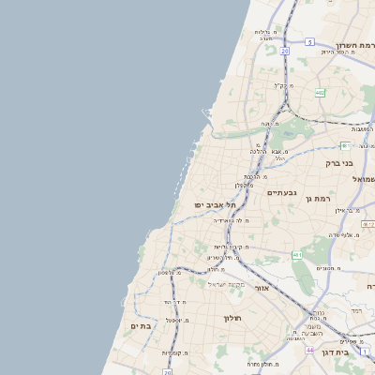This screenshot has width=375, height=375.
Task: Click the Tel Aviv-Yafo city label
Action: (x=211, y=204)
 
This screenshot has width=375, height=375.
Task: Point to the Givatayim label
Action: (x=281, y=193)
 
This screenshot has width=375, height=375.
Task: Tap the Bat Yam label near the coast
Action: (x=140, y=326)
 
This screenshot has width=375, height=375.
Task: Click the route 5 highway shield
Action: (x=309, y=42)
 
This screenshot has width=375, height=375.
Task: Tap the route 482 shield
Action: (x=320, y=92)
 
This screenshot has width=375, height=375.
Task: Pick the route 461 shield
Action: (x=297, y=255)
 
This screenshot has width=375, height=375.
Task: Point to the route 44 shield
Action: (x=309, y=349)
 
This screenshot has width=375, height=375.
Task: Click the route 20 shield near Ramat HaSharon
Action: (x=283, y=52)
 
